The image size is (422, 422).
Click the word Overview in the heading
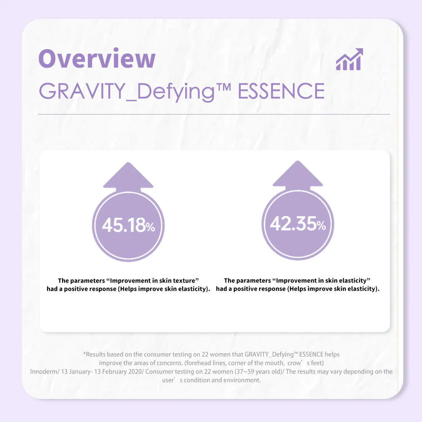pos(97,59)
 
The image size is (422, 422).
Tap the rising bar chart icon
pos(349,60)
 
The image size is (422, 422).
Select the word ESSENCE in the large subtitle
pos(281,91)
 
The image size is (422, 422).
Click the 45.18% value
pos(128,226)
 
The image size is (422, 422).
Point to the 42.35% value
pos(298,224)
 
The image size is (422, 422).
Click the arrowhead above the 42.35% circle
pos(298,174)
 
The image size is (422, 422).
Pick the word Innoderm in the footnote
pos(43,372)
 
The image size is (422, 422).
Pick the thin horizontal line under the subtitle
pos(214,114)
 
